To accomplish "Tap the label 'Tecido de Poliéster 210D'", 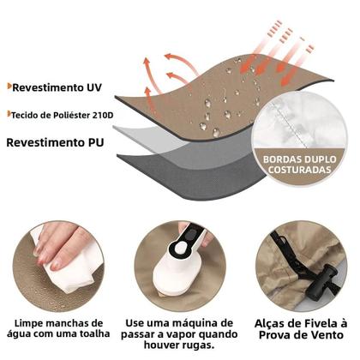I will click(52, 113).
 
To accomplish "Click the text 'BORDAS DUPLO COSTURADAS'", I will click(300, 164).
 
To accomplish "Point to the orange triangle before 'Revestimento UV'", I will click(7, 87).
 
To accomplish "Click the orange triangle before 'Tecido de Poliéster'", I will click(7, 113).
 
